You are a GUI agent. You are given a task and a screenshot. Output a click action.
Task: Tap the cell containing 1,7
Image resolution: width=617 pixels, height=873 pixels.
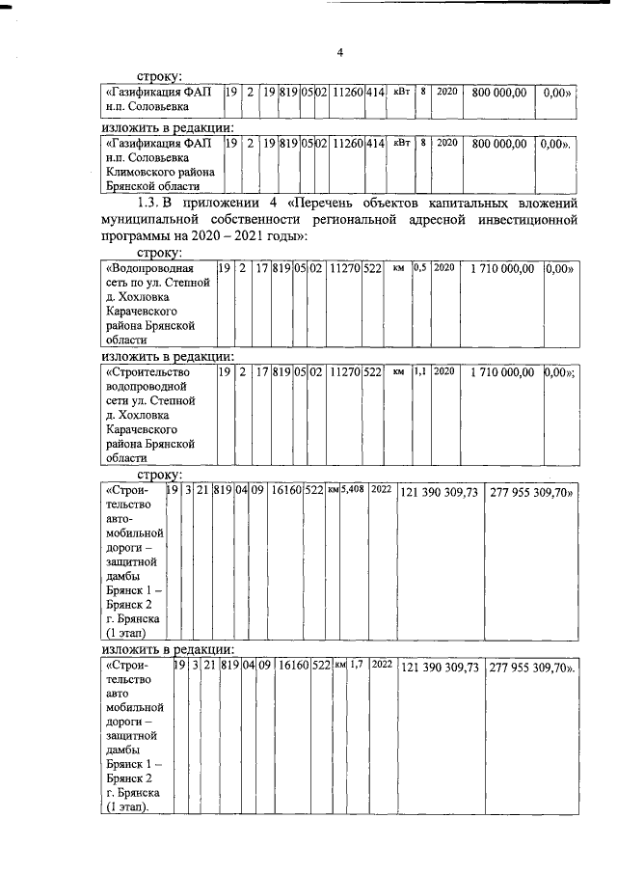tap(356, 665)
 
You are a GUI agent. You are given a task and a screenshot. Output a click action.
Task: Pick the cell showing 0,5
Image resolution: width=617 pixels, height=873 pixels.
tap(420, 268)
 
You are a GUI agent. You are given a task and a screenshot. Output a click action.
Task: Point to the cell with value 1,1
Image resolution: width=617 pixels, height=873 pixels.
tap(420, 370)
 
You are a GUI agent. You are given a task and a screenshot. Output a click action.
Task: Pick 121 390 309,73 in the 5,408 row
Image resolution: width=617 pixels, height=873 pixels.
tap(439, 493)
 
